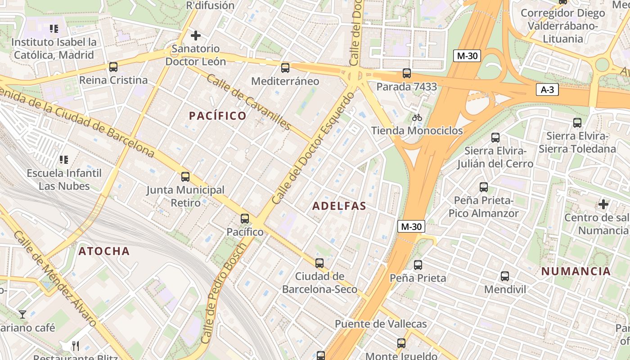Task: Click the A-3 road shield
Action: coord(547,90)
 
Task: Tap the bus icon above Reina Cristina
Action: coord(113,67)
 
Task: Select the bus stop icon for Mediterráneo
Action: coord(285,68)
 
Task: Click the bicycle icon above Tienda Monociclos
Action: coord(417,117)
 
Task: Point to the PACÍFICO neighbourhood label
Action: coord(218,116)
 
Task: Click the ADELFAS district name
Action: coord(339,206)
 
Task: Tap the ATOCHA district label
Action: coord(104,251)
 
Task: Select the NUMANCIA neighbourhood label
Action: coord(576,271)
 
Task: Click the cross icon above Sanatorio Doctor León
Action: coord(196,35)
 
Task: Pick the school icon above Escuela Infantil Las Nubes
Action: coord(64,159)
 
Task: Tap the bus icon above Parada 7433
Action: coord(407,73)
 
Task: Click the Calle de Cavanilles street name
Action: coord(249,102)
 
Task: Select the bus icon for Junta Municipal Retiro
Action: coord(185,177)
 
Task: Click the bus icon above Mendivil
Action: coord(505,276)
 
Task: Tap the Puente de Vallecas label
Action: coord(381,324)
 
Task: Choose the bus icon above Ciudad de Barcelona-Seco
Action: coord(319,263)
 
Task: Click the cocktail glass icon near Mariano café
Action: coord(22,314)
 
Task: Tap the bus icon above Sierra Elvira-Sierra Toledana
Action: coord(577,122)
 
